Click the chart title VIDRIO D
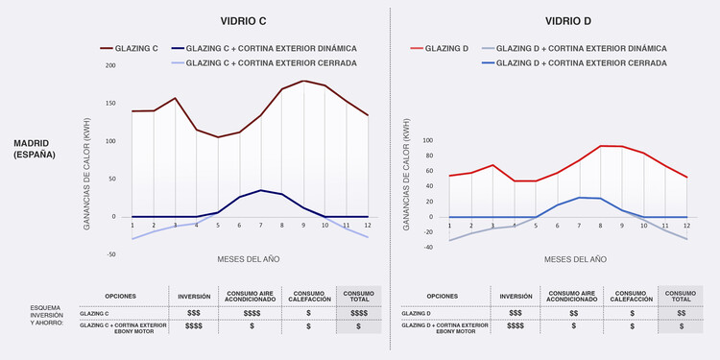pos(568,20)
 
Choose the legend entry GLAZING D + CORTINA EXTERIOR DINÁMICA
pos(573,47)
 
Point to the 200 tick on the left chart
pos(110,65)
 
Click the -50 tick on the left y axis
pos(110,254)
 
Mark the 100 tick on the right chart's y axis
pos(429,140)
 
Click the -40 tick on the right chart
pos(429,248)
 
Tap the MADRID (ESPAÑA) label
pos(35,149)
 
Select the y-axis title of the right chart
pos(407,175)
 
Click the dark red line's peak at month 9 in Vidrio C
pos(303,81)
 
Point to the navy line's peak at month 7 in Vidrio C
pos(260,190)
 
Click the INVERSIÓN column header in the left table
pos(194,297)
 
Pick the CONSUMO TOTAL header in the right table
pos(681,297)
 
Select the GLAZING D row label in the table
pos(418,313)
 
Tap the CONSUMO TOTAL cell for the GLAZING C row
pos(359,313)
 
